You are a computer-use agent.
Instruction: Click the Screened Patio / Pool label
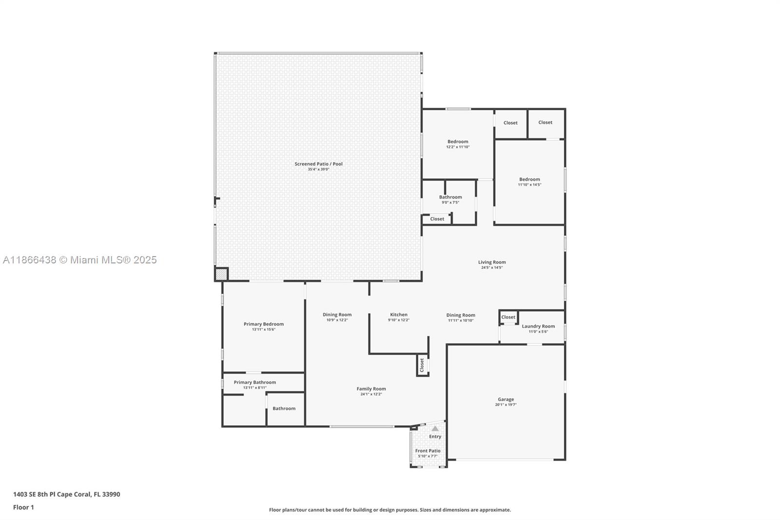[318, 164]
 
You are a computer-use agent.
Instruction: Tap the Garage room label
[506, 400]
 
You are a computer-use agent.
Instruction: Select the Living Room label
[492, 262]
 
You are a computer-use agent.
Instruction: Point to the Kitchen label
[399, 314]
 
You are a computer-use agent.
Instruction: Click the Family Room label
[371, 389]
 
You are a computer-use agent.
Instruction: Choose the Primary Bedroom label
[264, 324]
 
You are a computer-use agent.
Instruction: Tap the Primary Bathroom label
[255, 382]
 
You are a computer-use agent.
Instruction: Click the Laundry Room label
[538, 326]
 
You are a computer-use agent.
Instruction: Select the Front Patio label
[428, 451]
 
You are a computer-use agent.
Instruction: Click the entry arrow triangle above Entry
[435, 428]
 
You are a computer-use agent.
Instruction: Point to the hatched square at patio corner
[221, 274]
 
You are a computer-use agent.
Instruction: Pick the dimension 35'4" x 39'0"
[318, 169]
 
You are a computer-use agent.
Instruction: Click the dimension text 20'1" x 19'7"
[506, 405]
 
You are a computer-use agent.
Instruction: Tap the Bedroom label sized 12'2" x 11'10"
[458, 141]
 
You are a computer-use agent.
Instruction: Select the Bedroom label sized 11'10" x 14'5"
[529, 179]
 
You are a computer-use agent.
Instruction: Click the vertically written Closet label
[422, 365]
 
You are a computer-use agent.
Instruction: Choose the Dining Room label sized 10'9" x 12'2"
[337, 314]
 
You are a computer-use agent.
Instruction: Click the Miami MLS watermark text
[80, 260]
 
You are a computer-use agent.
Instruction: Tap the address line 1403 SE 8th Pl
[66, 494]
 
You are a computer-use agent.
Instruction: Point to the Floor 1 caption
[24, 507]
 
